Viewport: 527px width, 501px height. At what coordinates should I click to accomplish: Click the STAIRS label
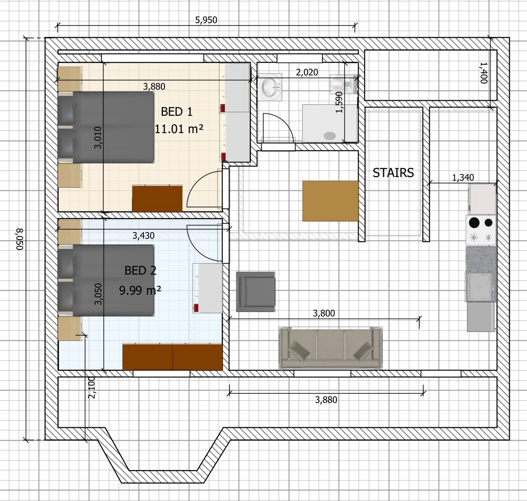[x=393, y=173]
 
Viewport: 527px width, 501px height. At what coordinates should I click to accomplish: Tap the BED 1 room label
[x=177, y=112]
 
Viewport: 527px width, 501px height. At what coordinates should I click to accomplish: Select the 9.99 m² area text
[x=140, y=290]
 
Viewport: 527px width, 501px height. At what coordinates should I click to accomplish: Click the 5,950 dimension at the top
[x=206, y=20]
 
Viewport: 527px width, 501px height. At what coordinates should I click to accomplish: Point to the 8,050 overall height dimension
[x=20, y=239]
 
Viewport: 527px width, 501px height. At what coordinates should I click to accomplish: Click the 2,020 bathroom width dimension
[x=307, y=72]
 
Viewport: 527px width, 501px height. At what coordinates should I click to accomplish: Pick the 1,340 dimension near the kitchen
[x=463, y=178]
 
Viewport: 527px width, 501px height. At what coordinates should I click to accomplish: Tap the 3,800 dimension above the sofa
[x=323, y=313]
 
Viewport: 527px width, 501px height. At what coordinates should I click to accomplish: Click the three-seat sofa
[x=331, y=348]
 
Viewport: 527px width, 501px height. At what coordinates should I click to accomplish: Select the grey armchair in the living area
[x=256, y=291]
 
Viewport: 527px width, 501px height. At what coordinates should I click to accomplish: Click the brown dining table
[x=331, y=201]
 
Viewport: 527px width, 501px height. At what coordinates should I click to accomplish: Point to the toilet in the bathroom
[x=343, y=84]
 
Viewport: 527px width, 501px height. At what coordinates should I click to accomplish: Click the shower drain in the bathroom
[x=330, y=136]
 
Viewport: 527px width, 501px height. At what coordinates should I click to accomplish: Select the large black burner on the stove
[x=474, y=222]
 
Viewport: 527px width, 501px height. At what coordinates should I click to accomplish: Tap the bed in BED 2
[x=106, y=280]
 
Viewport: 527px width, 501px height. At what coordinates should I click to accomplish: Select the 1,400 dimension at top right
[x=483, y=72]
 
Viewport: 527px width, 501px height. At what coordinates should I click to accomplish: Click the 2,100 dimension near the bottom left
[x=92, y=387]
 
